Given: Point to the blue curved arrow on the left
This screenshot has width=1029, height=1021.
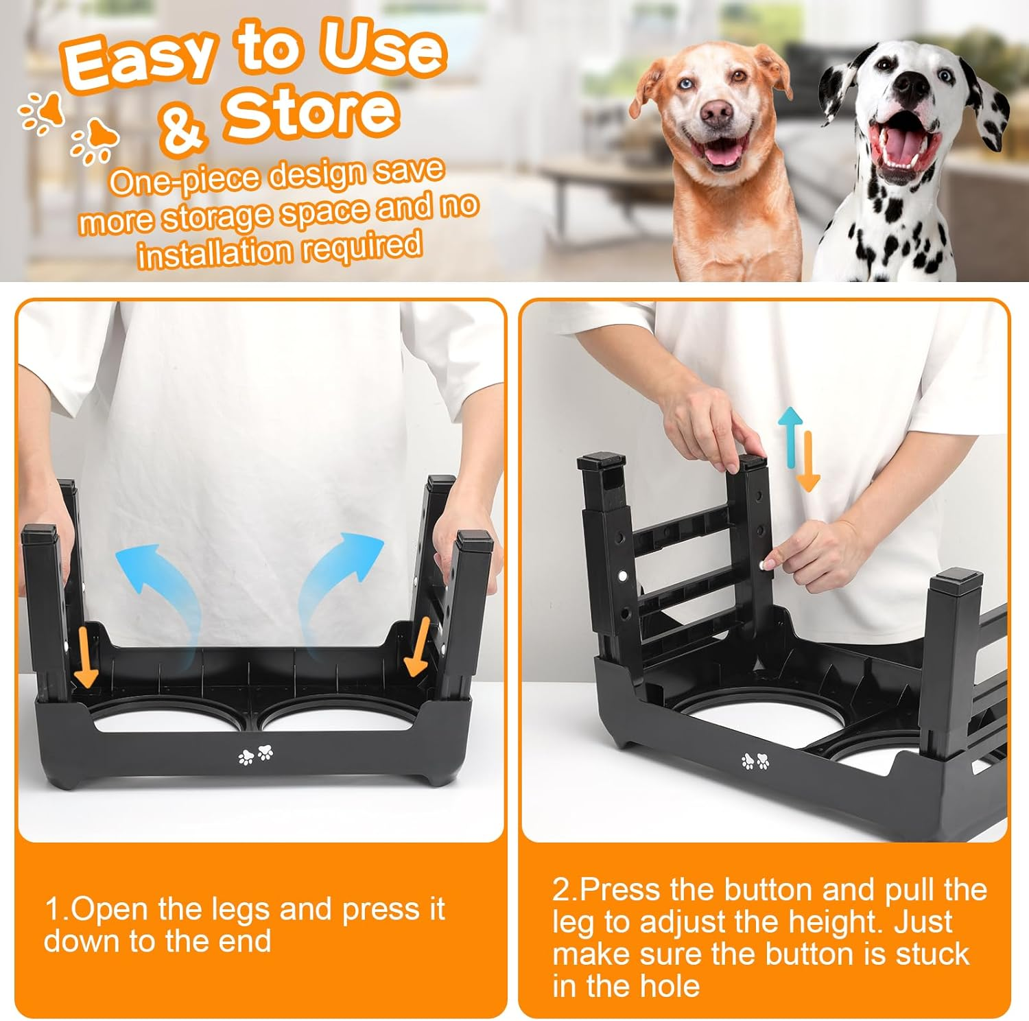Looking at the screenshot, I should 154,580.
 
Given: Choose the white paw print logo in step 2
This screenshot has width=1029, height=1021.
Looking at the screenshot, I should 755,761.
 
